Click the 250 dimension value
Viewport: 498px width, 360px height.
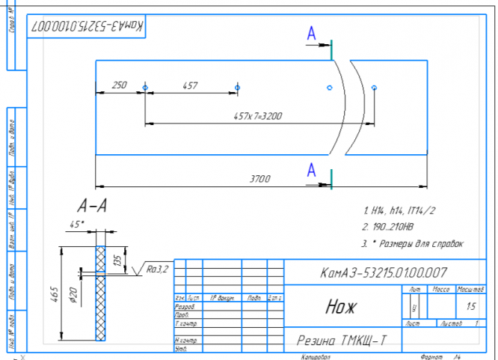(119, 85)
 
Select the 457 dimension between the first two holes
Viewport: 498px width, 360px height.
(190, 85)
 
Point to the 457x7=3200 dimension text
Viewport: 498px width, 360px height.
(257, 116)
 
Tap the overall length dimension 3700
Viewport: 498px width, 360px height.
(260, 179)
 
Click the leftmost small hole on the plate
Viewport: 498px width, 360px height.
(146, 88)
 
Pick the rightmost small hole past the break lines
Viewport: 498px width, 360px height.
(375, 88)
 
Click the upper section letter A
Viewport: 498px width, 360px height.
(312, 33)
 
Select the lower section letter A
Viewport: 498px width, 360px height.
(312, 170)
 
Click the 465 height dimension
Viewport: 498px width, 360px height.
(66, 293)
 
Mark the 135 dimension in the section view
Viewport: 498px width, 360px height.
(116, 260)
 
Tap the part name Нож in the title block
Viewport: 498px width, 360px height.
(341, 307)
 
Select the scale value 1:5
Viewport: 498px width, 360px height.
(470, 306)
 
